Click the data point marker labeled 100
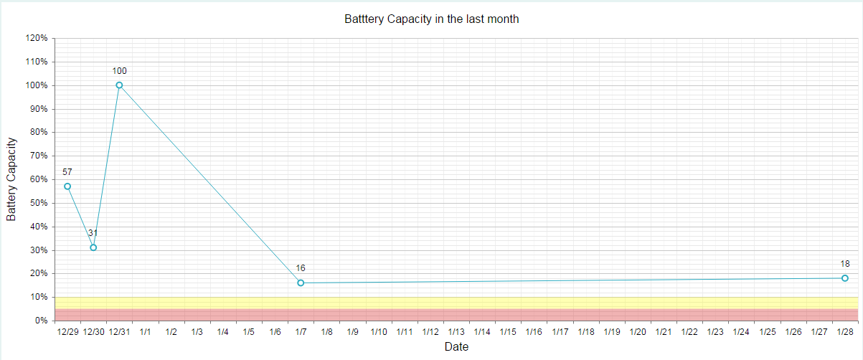[x=119, y=85]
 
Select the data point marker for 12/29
[x=67, y=186]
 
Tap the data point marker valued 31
[x=93, y=247]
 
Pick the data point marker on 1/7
[x=301, y=283]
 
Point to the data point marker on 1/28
[x=845, y=278]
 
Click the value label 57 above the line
[x=67, y=172]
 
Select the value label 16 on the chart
[x=301, y=268]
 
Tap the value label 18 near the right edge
[x=845, y=264]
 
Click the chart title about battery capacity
[x=431, y=19]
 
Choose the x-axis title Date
[x=456, y=347]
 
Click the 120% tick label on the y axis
[x=37, y=38]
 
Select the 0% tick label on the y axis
[x=41, y=321]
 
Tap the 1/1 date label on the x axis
[x=146, y=332]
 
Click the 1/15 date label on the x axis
[x=508, y=332]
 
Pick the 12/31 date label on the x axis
[x=119, y=332]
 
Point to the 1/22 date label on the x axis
[x=689, y=332]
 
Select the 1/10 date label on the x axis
[x=379, y=332]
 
